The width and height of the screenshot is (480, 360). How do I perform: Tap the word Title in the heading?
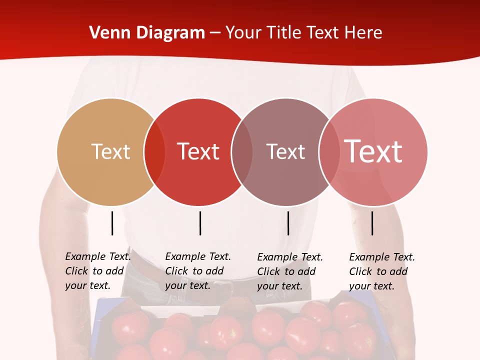pyautogui.click(x=284, y=33)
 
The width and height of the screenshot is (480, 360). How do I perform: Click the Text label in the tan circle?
pyautogui.click(x=110, y=151)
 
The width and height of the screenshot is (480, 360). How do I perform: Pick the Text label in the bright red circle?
pyautogui.click(x=198, y=151)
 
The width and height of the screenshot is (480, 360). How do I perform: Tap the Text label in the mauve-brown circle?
pyautogui.click(x=285, y=151)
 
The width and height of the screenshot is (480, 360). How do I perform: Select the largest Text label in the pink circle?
pyautogui.click(x=373, y=151)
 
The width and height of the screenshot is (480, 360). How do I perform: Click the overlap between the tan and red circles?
pyautogui.click(x=154, y=151)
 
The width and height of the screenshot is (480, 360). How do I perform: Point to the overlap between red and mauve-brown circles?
pyautogui.click(x=242, y=151)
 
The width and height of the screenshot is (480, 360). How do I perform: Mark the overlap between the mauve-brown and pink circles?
pyautogui.click(x=329, y=151)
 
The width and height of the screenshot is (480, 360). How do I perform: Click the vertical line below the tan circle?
pyautogui.click(x=112, y=223)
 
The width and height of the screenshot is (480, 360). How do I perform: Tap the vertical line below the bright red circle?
pyautogui.click(x=200, y=223)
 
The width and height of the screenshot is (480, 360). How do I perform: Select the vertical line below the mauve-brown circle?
pyautogui.click(x=288, y=223)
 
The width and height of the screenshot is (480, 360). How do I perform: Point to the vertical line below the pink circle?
pyautogui.click(x=372, y=223)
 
